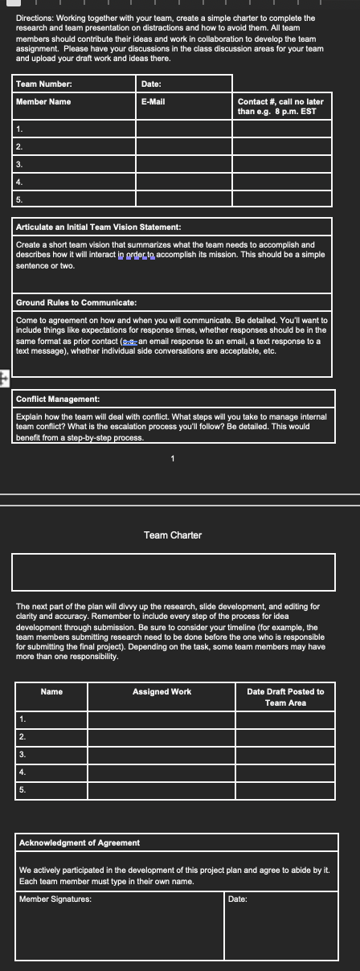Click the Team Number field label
(44, 84)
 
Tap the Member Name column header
(43, 101)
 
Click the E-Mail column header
(153, 101)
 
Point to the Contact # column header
(280, 106)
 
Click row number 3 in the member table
(18, 164)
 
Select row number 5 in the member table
(18, 198)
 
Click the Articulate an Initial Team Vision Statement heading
(92, 227)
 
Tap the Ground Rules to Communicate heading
(77, 302)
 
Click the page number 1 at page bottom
(172, 459)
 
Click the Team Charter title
(173, 535)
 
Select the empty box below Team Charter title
(173, 572)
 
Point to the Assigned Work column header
(162, 691)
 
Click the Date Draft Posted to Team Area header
(285, 697)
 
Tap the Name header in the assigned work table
(52, 691)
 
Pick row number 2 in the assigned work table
(22, 736)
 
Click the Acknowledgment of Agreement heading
(79, 842)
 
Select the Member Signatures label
(55, 899)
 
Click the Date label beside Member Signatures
(237, 899)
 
